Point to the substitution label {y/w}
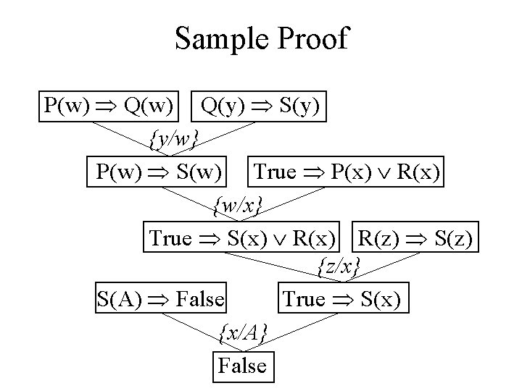click(x=174, y=136)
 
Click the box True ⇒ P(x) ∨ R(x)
click(x=347, y=172)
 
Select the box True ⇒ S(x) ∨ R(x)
click(x=243, y=237)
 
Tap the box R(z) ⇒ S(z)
click(x=415, y=237)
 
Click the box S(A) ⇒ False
click(x=160, y=298)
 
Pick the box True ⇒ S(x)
click(x=341, y=298)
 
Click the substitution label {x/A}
click(x=244, y=332)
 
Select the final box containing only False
click(x=243, y=365)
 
